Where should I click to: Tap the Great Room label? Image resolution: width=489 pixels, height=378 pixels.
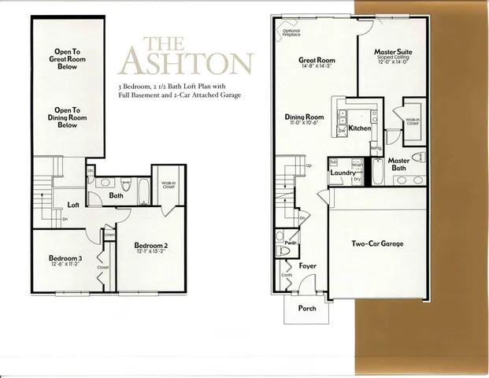(x=317, y=61)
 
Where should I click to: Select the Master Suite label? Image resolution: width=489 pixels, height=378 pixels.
(x=394, y=52)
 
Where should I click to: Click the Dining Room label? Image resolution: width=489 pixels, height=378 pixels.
(x=304, y=117)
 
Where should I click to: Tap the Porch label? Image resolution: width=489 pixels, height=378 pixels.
(x=306, y=308)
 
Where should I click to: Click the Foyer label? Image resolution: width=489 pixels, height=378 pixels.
(x=307, y=266)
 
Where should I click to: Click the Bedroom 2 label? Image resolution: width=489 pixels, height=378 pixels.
(x=150, y=244)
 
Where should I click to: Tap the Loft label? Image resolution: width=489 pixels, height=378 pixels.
(x=73, y=205)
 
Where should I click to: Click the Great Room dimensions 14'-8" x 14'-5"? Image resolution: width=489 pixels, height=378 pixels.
(x=317, y=68)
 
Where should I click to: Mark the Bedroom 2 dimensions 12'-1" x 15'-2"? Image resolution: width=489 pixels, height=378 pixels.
(x=150, y=252)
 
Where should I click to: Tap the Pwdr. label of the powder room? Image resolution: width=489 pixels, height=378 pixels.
(x=290, y=243)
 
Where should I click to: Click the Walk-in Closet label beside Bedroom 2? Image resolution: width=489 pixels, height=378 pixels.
(x=168, y=187)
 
